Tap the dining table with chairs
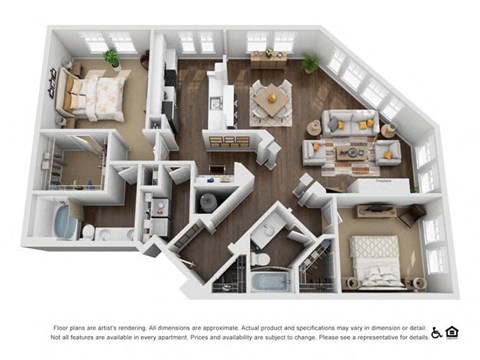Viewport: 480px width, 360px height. [269, 99]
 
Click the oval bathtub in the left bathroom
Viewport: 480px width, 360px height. [65, 221]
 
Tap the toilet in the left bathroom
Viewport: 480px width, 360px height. [89, 232]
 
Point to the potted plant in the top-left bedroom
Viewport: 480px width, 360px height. [112, 57]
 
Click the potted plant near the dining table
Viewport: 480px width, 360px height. [310, 62]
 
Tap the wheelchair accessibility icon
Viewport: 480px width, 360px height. [436, 333]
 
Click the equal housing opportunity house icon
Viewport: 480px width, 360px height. [452, 333]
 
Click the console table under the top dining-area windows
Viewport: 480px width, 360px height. [268, 58]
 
